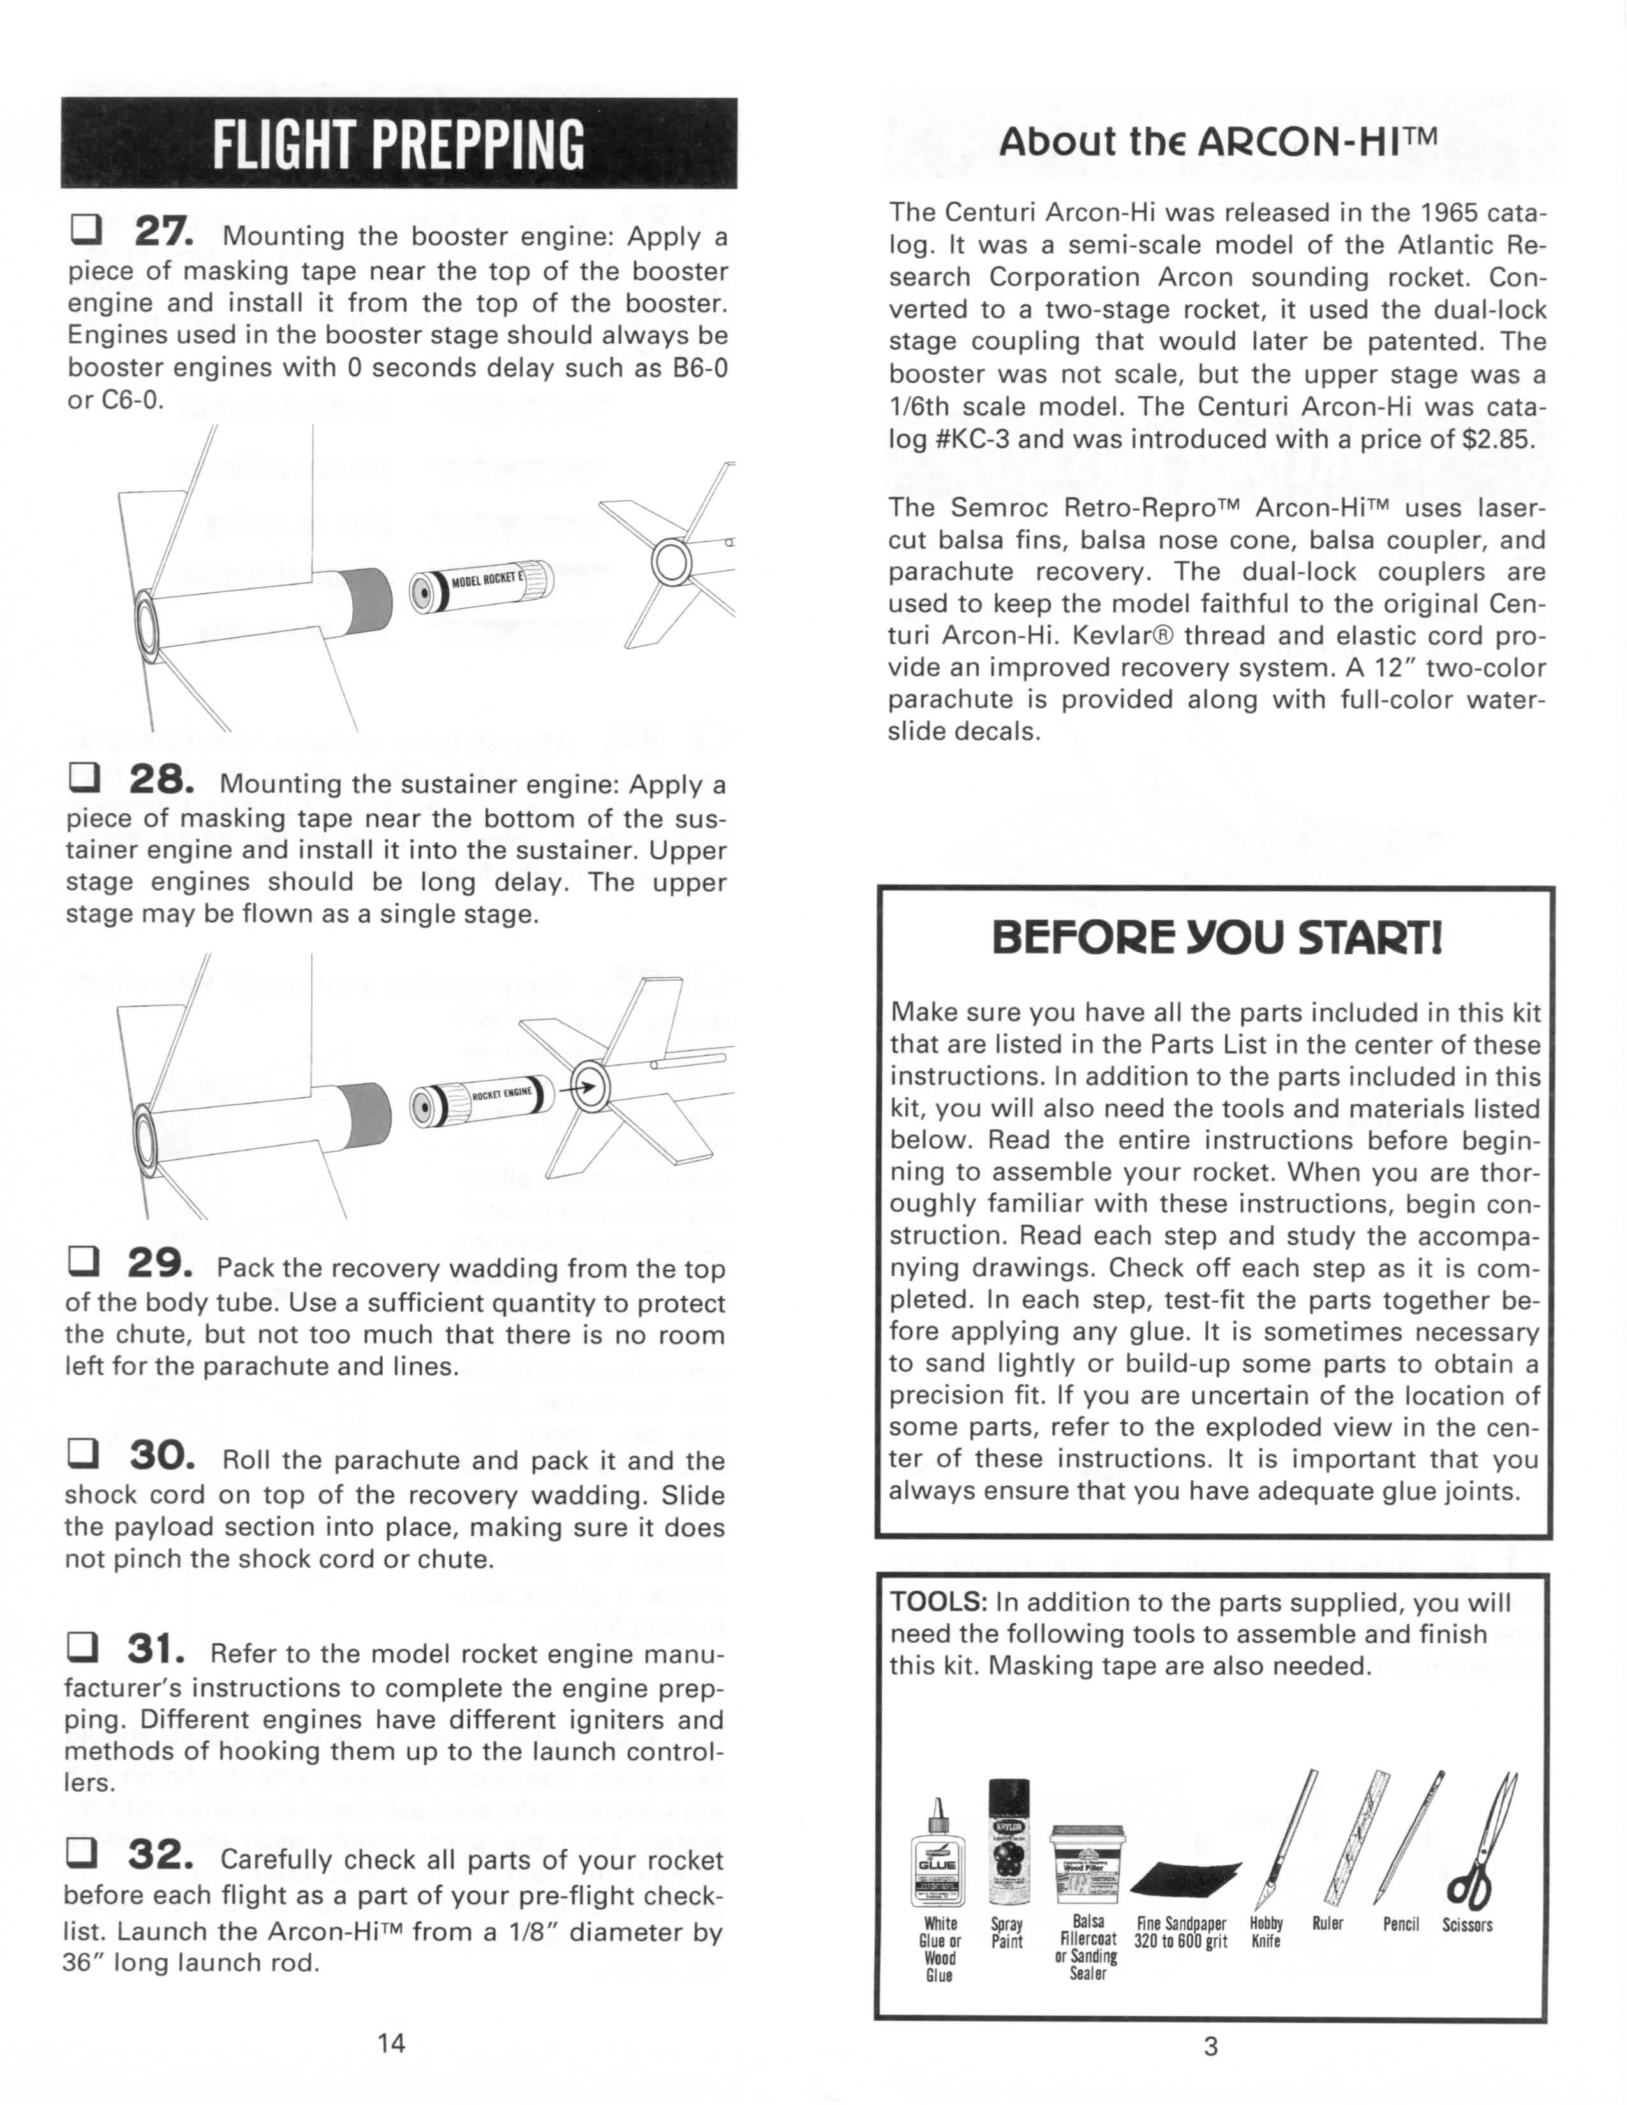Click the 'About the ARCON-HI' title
[1218, 143]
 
